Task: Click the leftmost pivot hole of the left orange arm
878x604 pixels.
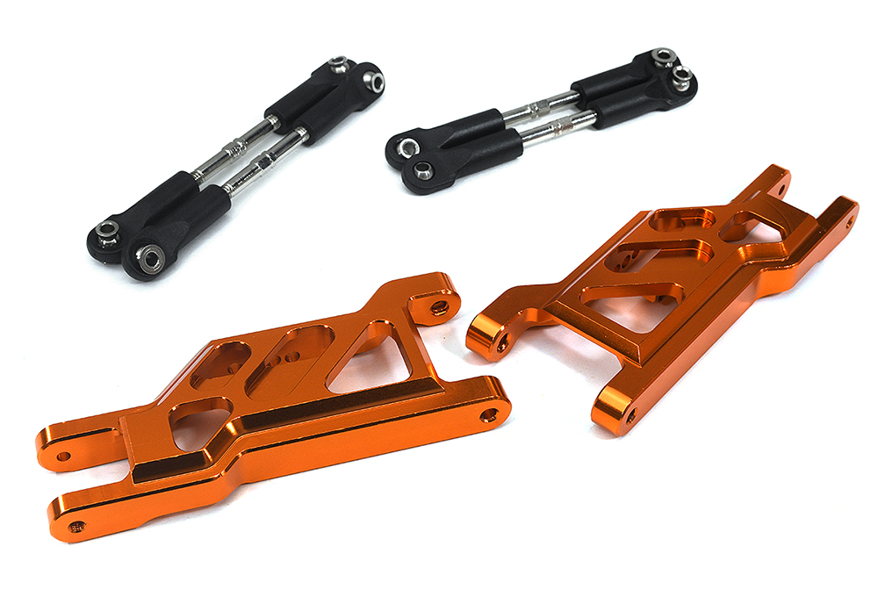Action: (63, 456)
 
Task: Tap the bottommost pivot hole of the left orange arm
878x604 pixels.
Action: (77, 527)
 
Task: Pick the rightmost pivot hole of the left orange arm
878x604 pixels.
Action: (490, 414)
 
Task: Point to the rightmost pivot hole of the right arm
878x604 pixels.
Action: (849, 223)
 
